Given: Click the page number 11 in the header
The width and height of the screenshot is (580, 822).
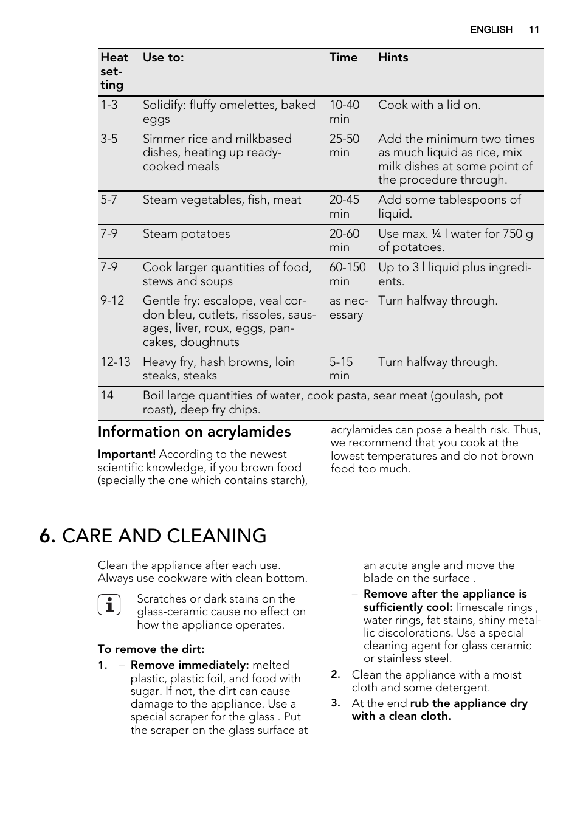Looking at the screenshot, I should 534,30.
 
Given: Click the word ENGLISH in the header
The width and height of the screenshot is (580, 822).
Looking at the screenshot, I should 491,30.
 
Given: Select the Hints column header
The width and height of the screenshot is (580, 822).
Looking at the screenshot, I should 393,58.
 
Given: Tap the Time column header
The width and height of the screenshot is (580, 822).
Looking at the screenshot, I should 343,58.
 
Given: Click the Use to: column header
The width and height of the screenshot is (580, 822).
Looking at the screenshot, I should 163,58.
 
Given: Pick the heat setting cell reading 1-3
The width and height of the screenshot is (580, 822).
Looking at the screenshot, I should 109,105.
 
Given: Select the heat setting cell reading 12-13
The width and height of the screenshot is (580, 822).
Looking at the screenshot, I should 115,362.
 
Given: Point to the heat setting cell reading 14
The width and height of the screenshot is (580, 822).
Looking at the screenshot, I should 107,396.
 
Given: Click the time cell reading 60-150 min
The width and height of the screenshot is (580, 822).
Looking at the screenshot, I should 347,275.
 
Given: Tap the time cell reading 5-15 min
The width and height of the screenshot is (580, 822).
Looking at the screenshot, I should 340,369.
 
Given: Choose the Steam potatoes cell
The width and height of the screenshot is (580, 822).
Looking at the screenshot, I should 186,234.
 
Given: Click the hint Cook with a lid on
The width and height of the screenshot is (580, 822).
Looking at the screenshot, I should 429,105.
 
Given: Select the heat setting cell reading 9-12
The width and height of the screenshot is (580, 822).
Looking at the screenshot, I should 112,301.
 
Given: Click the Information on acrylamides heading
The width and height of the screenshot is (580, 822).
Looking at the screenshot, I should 194,432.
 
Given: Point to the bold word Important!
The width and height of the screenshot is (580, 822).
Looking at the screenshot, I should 126,454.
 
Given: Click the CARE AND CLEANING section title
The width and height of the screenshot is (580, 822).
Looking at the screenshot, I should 153,536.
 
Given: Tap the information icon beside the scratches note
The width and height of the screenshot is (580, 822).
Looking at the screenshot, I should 109,605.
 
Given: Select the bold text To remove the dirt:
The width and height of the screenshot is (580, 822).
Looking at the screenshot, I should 151,649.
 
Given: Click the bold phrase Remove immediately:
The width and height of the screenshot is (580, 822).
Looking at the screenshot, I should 190,665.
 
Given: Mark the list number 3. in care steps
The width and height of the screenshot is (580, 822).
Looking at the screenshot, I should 335,703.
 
